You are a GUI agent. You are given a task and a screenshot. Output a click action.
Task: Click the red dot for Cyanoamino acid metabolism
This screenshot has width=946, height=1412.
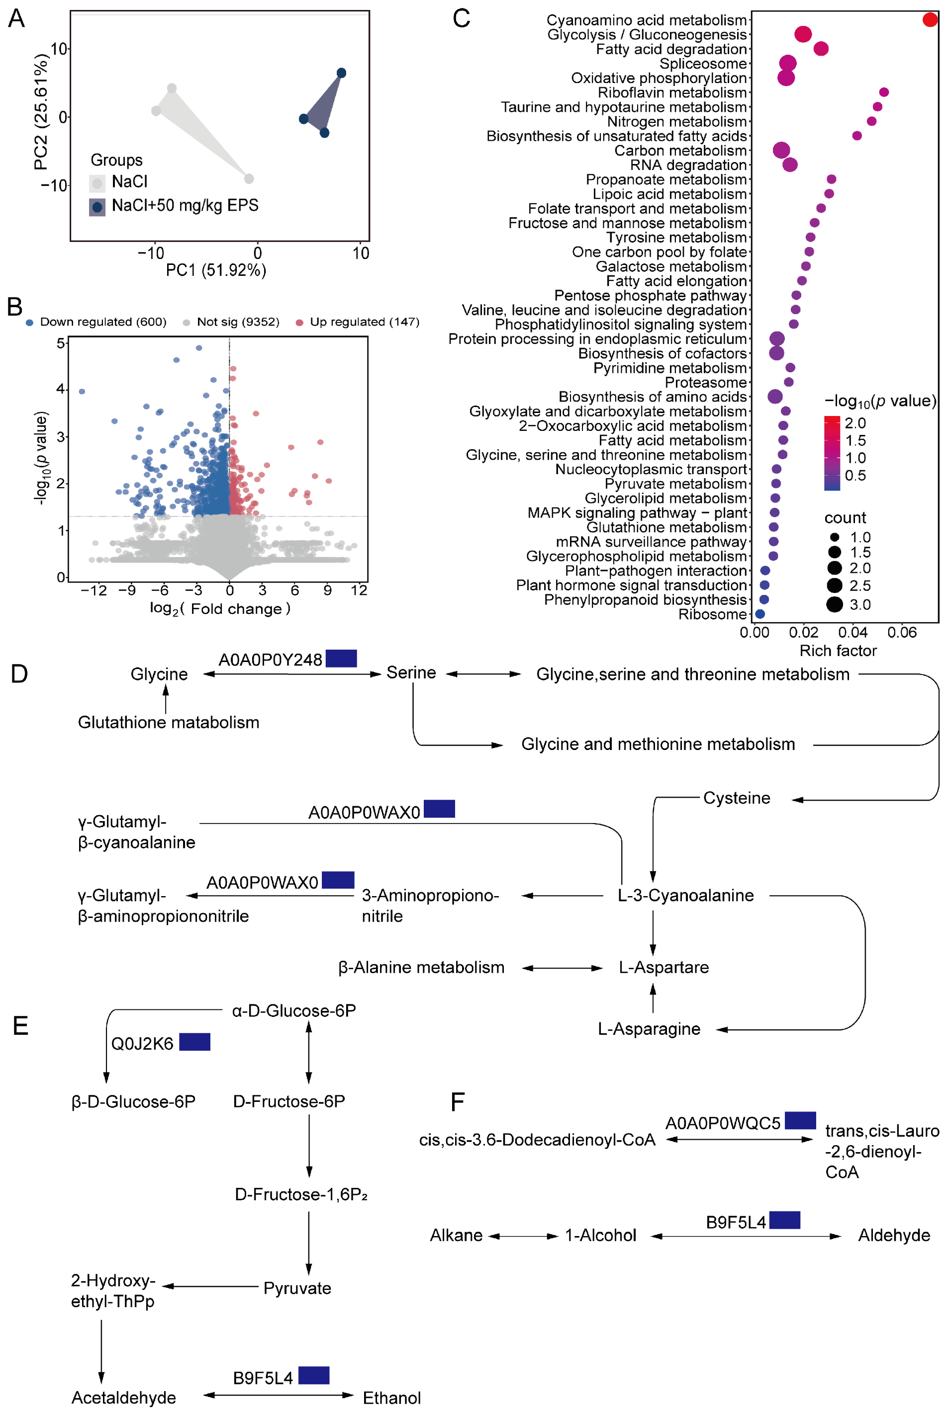click(930, 20)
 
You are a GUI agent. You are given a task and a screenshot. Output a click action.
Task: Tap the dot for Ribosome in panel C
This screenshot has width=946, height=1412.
click(760, 614)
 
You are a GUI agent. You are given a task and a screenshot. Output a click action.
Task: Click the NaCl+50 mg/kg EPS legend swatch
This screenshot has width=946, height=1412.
click(97, 207)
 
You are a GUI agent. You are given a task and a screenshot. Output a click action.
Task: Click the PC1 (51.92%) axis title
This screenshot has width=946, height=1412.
click(216, 270)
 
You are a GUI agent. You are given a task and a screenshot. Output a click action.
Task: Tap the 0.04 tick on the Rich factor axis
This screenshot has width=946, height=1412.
click(852, 633)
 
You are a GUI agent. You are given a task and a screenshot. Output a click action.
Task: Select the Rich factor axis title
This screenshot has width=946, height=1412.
click(838, 651)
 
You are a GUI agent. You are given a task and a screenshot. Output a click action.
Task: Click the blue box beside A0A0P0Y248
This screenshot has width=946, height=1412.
click(341, 659)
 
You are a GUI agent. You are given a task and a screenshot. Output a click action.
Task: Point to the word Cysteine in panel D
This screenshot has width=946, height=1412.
click(737, 798)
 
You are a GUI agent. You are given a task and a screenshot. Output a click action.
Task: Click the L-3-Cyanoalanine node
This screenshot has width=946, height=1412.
click(685, 895)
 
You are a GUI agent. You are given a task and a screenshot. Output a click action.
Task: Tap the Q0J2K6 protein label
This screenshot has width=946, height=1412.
click(142, 1044)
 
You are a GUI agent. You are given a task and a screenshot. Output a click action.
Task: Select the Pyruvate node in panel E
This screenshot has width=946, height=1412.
click(297, 1288)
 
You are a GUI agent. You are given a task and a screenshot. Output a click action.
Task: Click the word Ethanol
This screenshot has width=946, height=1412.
click(391, 1398)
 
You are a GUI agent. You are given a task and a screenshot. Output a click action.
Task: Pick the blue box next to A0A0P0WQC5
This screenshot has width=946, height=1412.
click(800, 1121)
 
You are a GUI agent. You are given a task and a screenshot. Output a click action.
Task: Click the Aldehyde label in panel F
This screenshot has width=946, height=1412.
click(893, 1236)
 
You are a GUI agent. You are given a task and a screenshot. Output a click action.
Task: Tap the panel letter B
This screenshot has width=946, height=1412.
click(15, 307)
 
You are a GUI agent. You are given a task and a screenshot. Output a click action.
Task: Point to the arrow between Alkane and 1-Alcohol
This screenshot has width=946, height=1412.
click(523, 1236)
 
